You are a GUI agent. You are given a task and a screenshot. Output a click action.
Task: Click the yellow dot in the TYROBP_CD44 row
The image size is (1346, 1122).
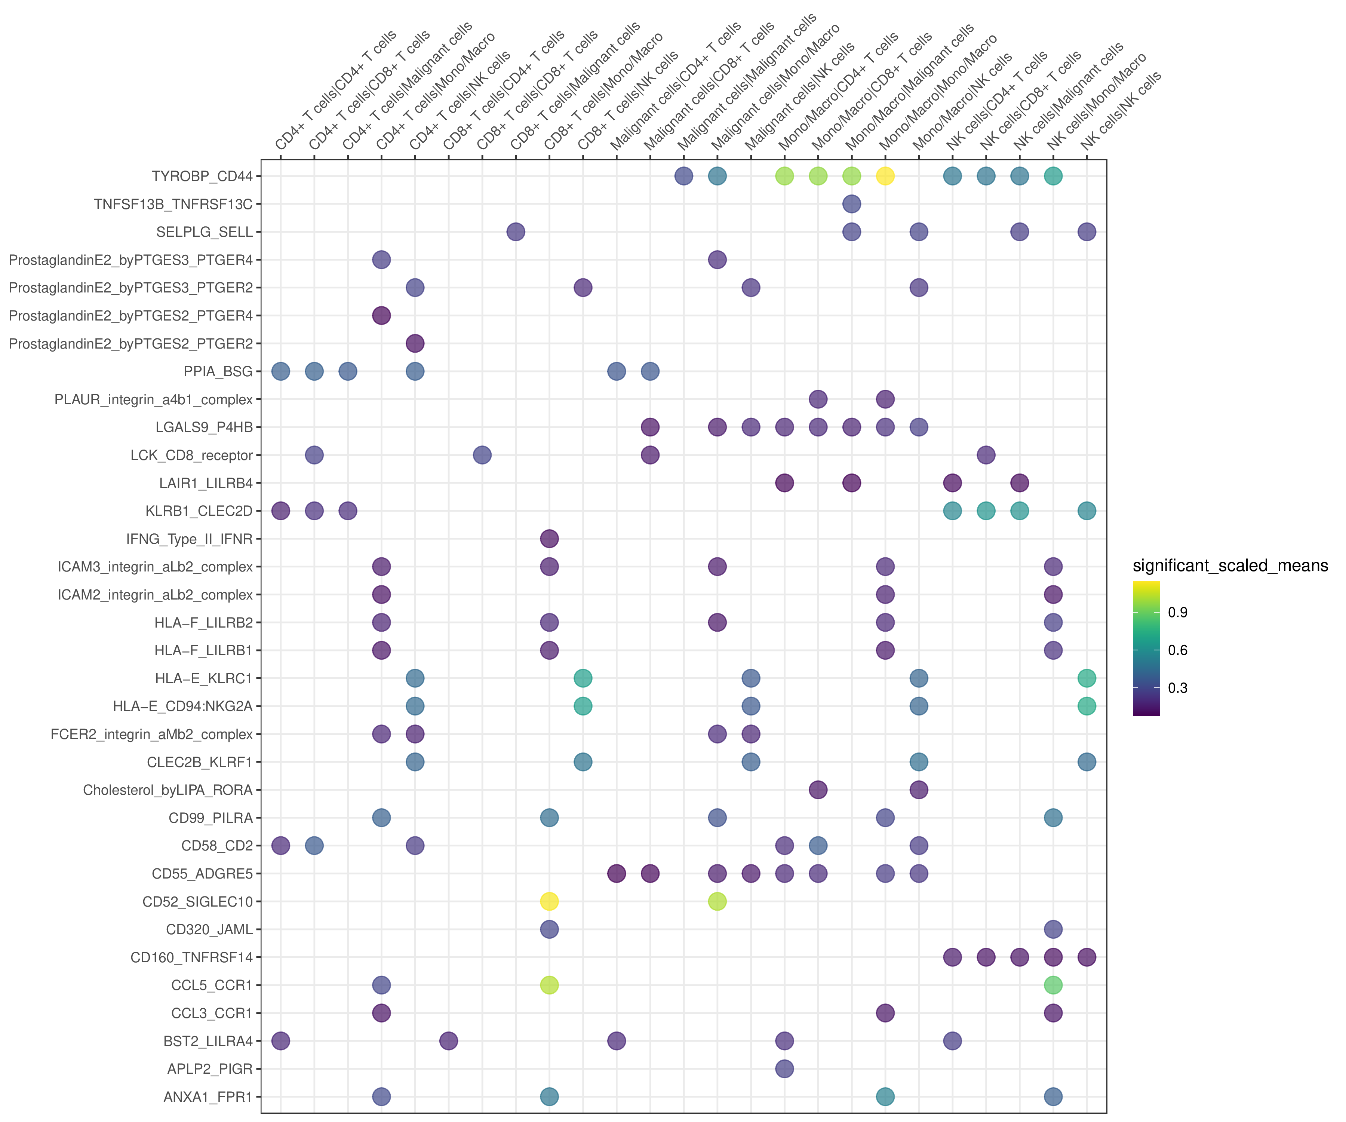click(x=885, y=176)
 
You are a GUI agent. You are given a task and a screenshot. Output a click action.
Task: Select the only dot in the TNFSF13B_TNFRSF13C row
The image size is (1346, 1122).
click(x=851, y=204)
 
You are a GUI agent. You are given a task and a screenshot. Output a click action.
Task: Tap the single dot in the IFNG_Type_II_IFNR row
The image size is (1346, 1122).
click(x=549, y=539)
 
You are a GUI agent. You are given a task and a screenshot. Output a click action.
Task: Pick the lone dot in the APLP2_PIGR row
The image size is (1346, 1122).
click(x=784, y=1069)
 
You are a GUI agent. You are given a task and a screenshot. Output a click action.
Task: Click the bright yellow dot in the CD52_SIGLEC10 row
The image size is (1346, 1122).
click(x=549, y=901)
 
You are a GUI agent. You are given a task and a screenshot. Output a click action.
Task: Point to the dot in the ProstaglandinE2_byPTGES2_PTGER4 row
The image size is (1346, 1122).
click(x=381, y=315)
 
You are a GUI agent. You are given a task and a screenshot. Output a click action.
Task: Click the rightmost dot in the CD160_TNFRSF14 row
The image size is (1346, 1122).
click(x=1087, y=957)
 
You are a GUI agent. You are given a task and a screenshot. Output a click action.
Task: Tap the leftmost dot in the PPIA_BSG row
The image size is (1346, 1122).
click(x=281, y=371)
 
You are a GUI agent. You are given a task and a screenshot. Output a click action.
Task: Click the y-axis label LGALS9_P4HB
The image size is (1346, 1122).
click(x=204, y=427)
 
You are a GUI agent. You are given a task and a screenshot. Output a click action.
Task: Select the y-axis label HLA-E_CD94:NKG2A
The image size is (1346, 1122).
click(x=183, y=706)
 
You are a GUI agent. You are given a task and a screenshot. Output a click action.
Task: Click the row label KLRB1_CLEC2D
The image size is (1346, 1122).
click(x=199, y=511)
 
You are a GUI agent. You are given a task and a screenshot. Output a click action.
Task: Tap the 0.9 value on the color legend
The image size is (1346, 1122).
click(x=1177, y=612)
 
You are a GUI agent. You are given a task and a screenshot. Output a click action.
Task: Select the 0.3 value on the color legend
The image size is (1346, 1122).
click(x=1177, y=688)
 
